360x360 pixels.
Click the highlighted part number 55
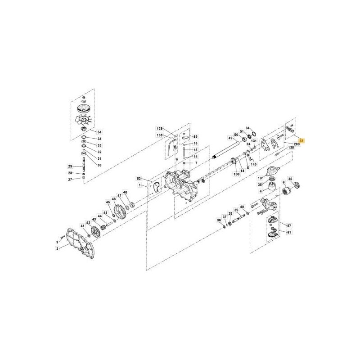tap(301, 140)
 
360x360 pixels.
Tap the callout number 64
tap(100, 132)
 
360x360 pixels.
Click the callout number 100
tap(236, 174)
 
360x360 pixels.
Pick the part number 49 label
tap(230, 138)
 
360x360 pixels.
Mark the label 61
tap(289, 232)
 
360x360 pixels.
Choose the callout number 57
tap(289, 225)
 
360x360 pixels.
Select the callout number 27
tap(70, 180)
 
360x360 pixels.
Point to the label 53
tap(139, 179)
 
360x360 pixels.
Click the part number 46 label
tap(114, 199)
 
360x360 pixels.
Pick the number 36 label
tap(219, 220)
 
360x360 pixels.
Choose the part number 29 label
tap(70, 166)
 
